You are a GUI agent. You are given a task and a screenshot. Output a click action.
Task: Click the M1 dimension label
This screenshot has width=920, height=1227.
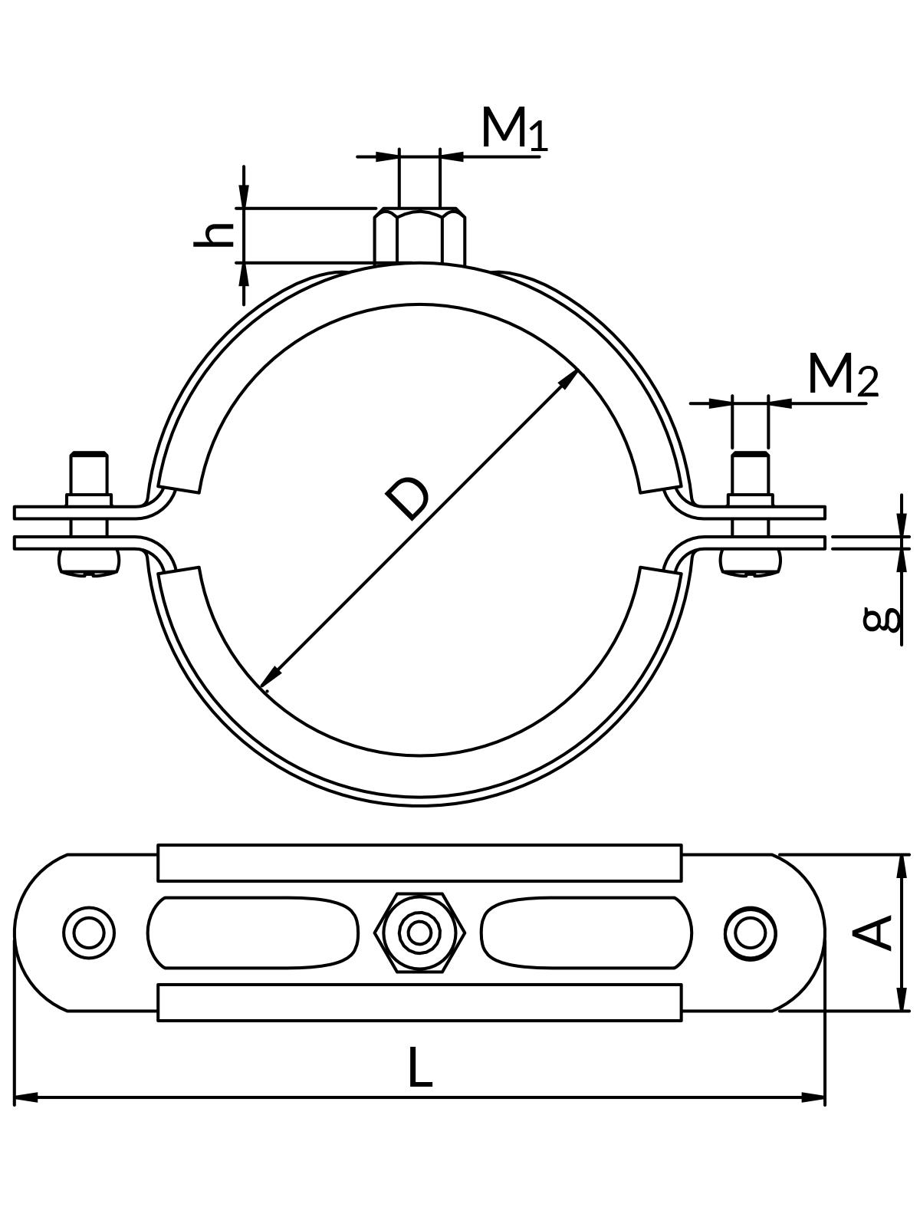click(x=514, y=129)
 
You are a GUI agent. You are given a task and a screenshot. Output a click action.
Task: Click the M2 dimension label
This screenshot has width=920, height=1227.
click(x=842, y=376)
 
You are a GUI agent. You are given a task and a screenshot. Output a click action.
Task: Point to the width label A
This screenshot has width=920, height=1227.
click(x=874, y=932)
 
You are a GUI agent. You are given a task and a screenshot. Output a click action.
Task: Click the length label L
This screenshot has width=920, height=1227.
click(x=419, y=1067)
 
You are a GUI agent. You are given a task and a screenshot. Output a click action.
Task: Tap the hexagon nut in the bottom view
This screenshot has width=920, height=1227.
click(x=419, y=933)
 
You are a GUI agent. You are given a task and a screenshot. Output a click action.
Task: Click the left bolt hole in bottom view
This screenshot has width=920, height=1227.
click(x=89, y=933)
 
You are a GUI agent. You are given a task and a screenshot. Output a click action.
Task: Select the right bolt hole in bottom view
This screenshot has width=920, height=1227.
click(x=749, y=933)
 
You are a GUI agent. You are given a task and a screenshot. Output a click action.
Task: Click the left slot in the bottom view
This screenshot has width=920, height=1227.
click(x=253, y=933)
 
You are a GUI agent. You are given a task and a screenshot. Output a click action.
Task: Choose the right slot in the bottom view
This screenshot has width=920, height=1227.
click(x=586, y=933)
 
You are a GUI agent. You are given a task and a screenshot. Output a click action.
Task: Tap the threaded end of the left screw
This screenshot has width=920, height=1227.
click(x=89, y=472)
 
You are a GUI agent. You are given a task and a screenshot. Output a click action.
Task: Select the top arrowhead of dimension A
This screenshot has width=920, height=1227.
click(x=902, y=864)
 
